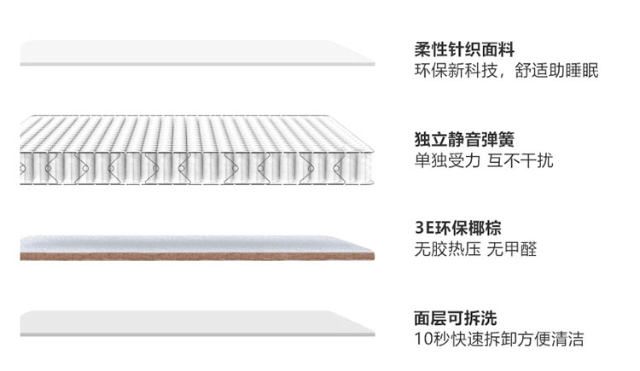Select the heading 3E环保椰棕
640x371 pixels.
(x=457, y=229)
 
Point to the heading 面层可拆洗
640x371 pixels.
(x=456, y=318)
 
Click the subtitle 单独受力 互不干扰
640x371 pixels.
(x=483, y=160)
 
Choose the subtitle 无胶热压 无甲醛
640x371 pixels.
(x=474, y=250)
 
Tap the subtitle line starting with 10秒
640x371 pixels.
(x=499, y=339)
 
